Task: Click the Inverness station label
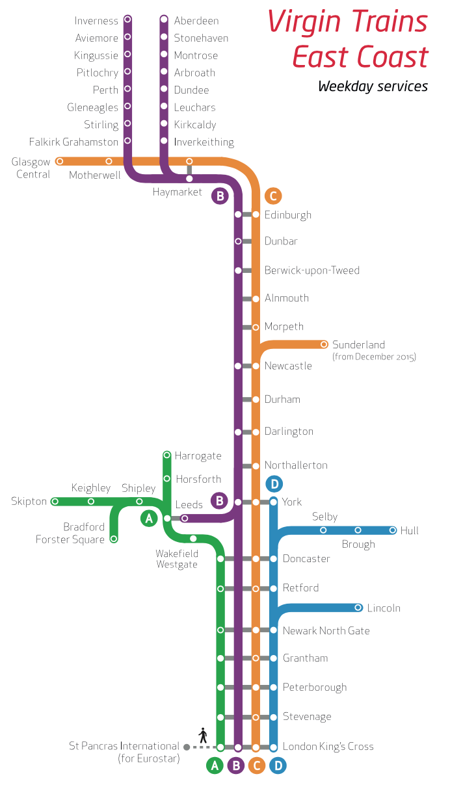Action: (96, 21)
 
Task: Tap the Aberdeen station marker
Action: (164, 19)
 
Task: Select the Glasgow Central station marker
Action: (60, 161)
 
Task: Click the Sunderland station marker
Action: (324, 344)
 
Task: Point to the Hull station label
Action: (410, 531)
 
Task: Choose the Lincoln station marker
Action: (358, 608)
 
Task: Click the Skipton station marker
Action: (55, 501)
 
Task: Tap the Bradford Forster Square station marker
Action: (114, 539)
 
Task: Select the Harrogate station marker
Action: (167, 455)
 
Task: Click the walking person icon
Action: (203, 736)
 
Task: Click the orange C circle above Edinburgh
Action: (273, 196)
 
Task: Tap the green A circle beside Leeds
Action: (149, 518)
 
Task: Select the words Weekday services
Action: (373, 86)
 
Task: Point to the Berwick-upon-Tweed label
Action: (311, 270)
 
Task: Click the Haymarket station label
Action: (178, 192)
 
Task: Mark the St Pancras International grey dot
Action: (187, 747)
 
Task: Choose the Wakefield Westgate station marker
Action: (193, 539)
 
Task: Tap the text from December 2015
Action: (374, 357)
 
